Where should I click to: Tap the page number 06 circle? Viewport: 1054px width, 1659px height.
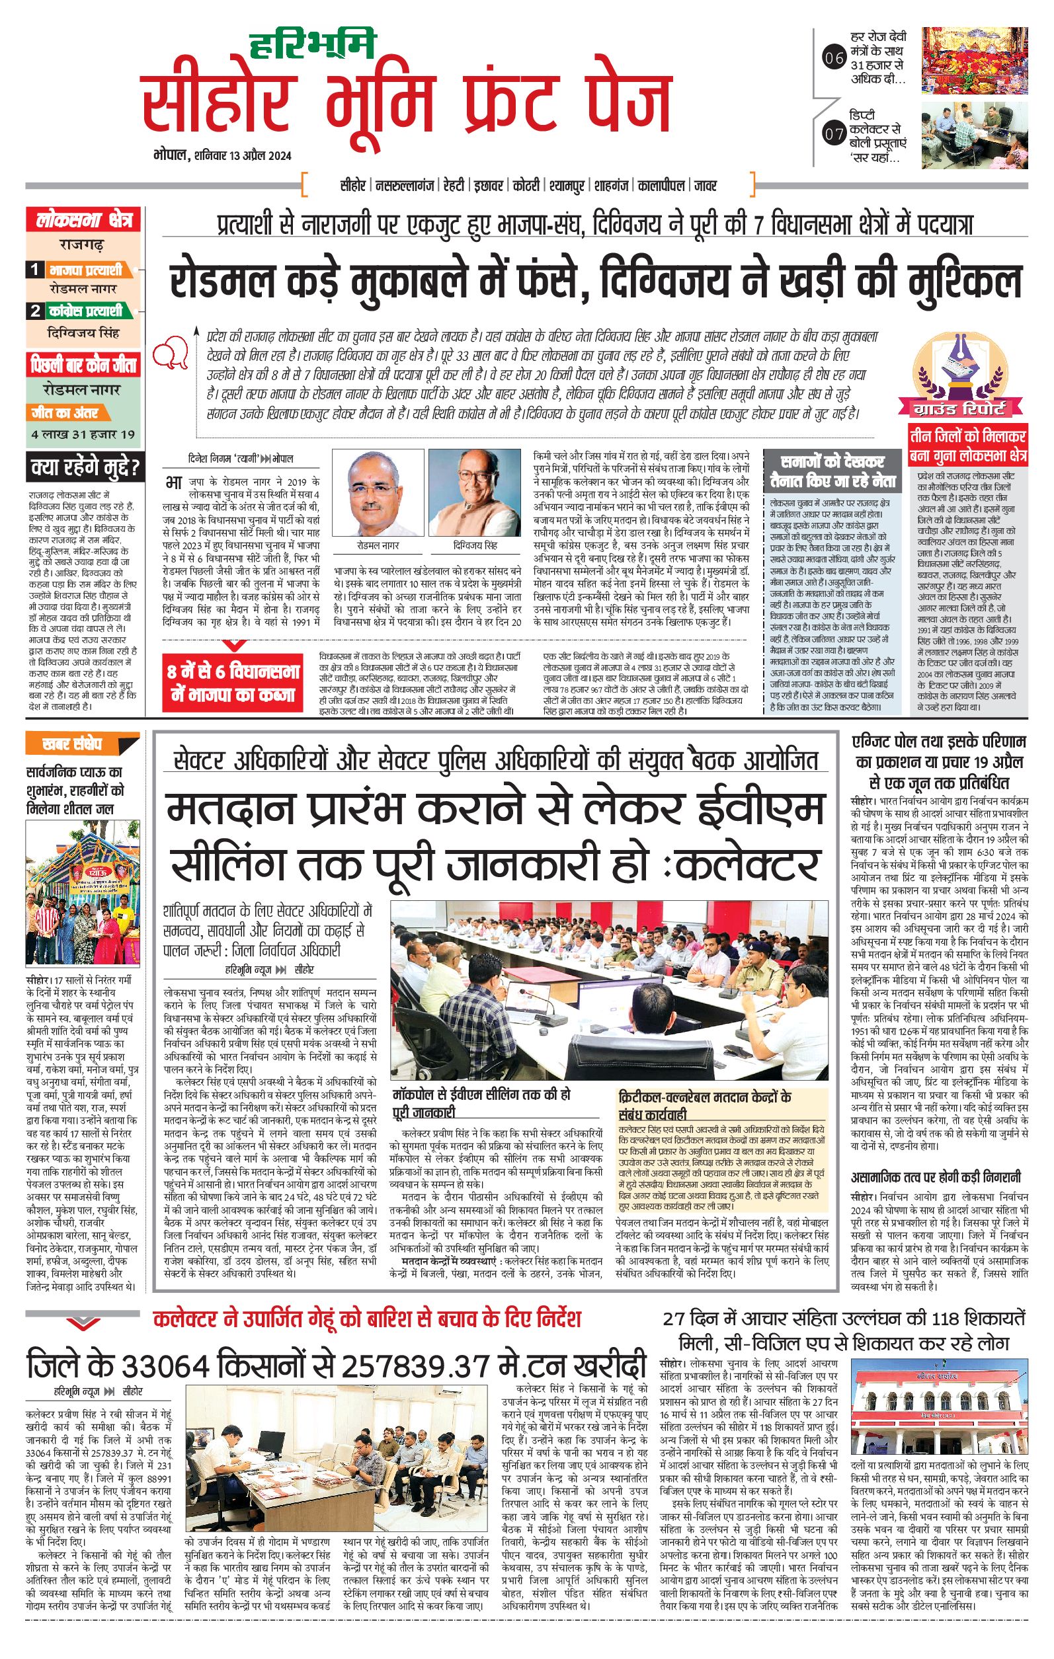[x=834, y=58]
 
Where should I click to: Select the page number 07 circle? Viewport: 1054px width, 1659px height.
[x=834, y=134]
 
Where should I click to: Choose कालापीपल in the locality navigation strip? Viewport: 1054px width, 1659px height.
[x=661, y=185]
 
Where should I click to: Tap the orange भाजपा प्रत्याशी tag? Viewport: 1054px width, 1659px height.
[x=85, y=270]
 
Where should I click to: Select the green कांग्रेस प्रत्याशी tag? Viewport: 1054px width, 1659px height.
[x=85, y=311]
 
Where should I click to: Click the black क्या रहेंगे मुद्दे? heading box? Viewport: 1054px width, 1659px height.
[x=85, y=469]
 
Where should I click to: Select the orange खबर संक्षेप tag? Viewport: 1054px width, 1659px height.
[x=71, y=744]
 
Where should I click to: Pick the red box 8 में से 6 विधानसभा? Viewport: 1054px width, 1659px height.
[x=234, y=683]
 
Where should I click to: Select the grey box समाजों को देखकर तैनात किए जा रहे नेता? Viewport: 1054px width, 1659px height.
[x=832, y=471]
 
